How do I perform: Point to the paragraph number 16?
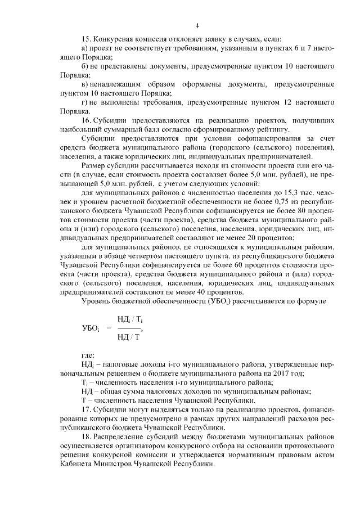coord(86,120)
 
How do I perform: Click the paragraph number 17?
coord(86,409)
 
